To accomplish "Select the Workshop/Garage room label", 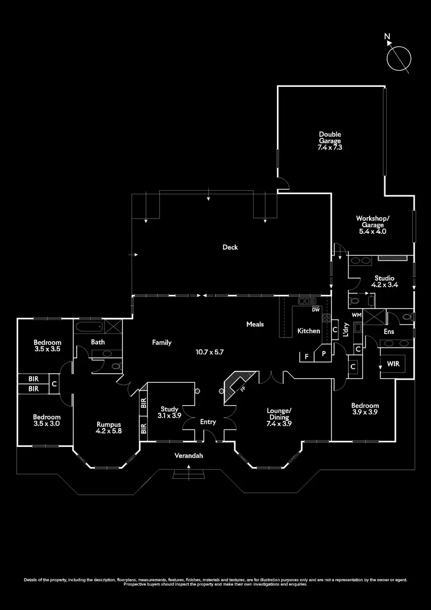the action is point(373,225).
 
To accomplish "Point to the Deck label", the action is point(230,248).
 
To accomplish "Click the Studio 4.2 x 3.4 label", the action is point(385,281).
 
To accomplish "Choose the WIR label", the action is point(393,364).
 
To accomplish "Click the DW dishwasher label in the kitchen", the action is point(316,310).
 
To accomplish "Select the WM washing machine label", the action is point(356,315).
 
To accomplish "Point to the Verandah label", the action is point(189,456).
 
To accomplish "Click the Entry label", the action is point(208,422).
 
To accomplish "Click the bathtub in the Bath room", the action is point(89,327).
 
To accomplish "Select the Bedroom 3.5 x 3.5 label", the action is point(47,346).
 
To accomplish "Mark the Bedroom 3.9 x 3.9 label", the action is point(365,409).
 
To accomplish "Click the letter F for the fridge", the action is point(306,357).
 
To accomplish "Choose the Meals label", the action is point(255,324).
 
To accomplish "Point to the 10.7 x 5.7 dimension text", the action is point(210,351).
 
